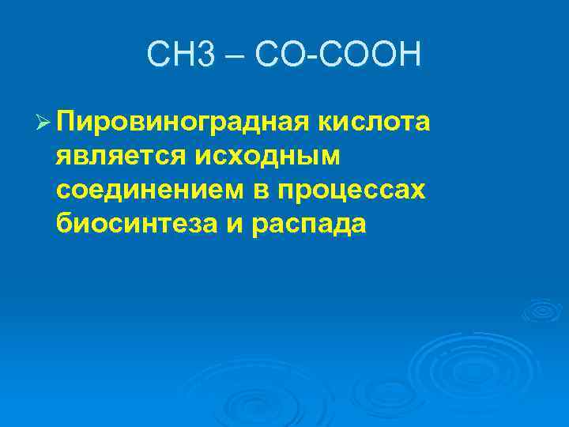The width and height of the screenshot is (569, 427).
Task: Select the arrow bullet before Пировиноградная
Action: [43, 124]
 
